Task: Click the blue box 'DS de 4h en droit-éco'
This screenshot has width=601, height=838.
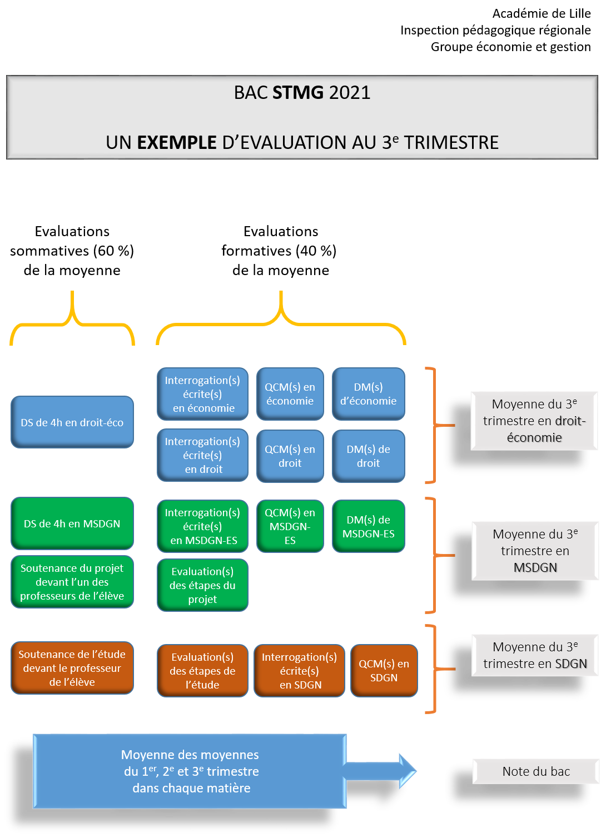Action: [x=72, y=422]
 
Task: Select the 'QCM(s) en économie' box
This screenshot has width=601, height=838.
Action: [x=290, y=394]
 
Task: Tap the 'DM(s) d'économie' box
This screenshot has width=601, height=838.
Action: [x=369, y=394]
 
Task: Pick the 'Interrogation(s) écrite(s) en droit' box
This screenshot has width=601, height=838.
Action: [x=203, y=455]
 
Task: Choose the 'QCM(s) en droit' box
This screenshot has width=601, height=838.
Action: [x=290, y=456]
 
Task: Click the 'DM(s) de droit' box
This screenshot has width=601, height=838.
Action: [x=369, y=456]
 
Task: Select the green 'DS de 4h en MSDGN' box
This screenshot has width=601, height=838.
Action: [x=72, y=523]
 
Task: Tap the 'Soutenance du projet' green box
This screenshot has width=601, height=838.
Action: [x=72, y=582]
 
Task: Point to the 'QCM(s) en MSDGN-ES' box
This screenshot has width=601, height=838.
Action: [x=290, y=526]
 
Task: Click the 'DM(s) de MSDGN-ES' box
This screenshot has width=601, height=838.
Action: [x=369, y=526]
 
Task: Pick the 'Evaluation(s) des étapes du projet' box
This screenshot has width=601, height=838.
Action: [x=203, y=585]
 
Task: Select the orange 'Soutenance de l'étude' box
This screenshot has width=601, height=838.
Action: [x=72, y=668]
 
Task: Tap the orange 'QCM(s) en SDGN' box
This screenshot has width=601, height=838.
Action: [x=384, y=671]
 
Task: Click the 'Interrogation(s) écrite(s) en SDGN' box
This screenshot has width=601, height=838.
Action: [x=300, y=671]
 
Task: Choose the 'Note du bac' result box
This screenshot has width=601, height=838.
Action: [x=536, y=771]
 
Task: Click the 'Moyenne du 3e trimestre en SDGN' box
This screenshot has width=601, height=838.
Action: [x=535, y=655]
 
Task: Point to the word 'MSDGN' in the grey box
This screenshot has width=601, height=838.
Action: [x=535, y=568]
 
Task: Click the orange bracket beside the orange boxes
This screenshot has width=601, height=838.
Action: [x=434, y=669]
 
